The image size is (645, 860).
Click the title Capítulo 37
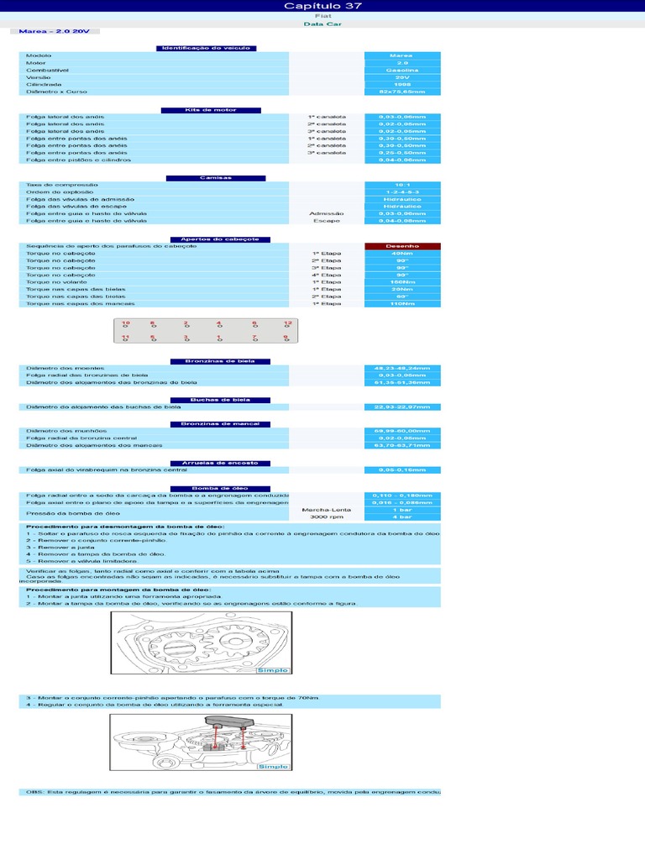point(322,6)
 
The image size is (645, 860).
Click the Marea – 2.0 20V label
point(54,32)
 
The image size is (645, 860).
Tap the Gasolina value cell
point(402,71)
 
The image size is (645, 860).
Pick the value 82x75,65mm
point(402,91)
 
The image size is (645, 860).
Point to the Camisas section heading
point(216,178)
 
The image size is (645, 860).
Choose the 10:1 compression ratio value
point(402,185)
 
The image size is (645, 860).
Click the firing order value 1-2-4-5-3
point(402,192)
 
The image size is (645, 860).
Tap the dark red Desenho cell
point(402,245)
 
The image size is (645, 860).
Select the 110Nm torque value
point(402,303)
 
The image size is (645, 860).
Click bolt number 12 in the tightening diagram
point(287,323)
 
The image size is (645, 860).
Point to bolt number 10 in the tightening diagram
point(126,323)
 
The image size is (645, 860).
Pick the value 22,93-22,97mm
point(402,406)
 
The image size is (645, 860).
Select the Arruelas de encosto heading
point(217,463)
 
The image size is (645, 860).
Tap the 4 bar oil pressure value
point(402,517)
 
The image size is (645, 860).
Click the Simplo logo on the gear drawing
point(273,670)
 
